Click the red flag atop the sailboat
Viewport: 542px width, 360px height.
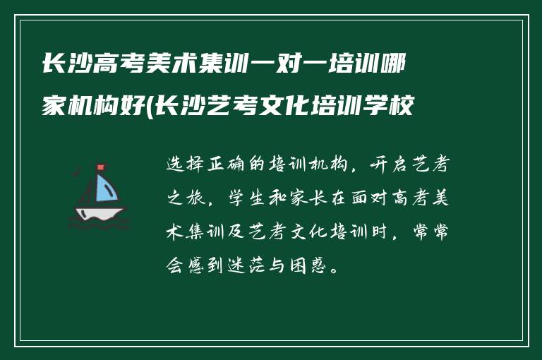[x=100, y=168]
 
